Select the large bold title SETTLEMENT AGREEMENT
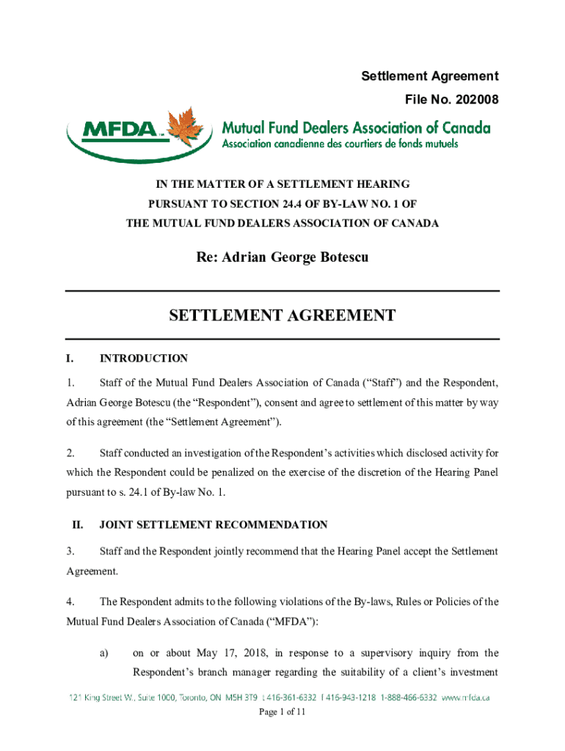[x=282, y=315]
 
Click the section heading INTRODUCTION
[x=144, y=359]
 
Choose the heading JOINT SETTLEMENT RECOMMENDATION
[x=214, y=525]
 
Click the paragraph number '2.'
[x=70, y=452]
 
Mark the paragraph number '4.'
[x=70, y=602]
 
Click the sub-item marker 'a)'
[x=104, y=653]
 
